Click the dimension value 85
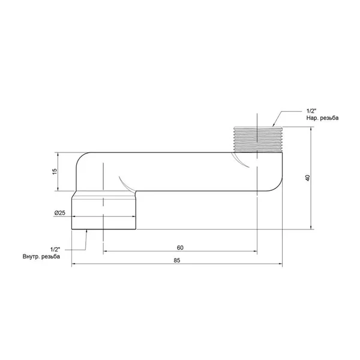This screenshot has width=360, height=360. point(177,260)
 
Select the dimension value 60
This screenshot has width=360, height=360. point(180,247)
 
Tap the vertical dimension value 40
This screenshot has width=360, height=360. point(308,178)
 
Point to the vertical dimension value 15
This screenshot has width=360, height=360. point(55,172)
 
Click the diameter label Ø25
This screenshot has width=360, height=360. point(59,213)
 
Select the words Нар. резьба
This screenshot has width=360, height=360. point(322,118)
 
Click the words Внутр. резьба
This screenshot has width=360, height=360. point(41,256)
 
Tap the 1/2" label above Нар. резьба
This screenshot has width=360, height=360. point(311,111)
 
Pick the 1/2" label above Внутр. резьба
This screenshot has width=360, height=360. point(55,250)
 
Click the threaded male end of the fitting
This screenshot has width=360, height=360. point(258,139)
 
